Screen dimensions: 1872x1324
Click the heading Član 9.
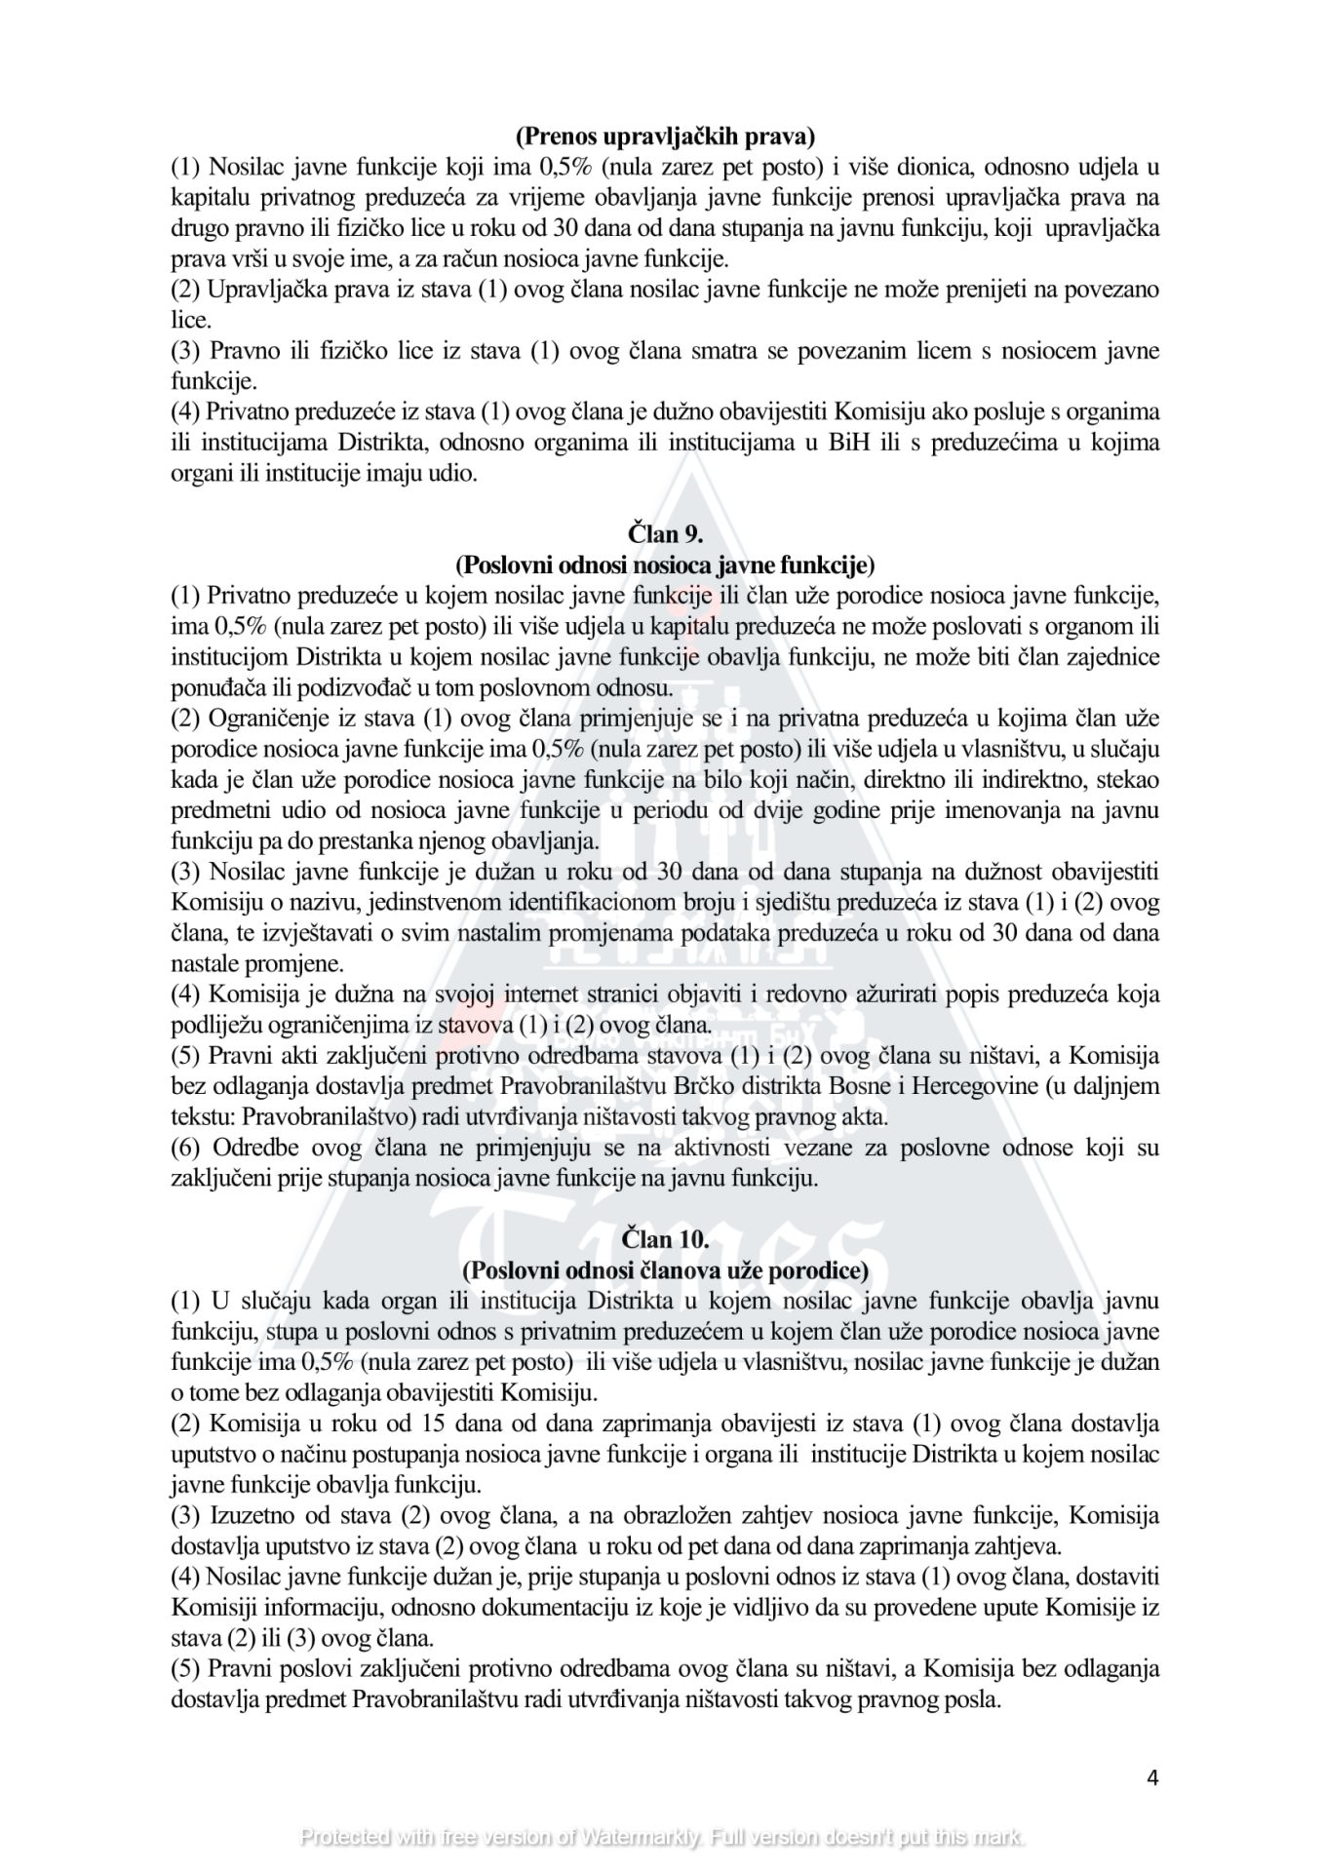[x=665, y=533]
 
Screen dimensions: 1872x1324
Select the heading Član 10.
[x=665, y=1239]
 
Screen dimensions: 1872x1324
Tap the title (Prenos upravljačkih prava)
[x=665, y=135]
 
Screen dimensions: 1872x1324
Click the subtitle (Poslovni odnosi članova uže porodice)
[x=665, y=1270]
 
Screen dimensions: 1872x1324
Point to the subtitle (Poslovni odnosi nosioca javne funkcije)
[x=665, y=565]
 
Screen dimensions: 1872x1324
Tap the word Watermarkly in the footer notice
[x=640, y=1838]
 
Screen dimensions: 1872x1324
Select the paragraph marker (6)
[x=185, y=1148]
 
